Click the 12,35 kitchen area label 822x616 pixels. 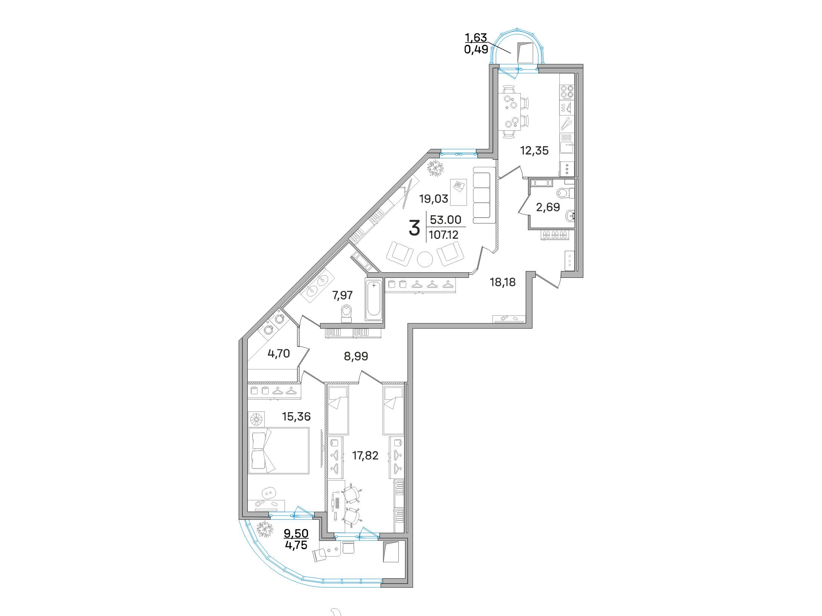pyautogui.click(x=534, y=150)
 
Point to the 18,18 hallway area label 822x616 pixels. pyautogui.click(x=503, y=282)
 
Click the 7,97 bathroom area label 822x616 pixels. pyautogui.click(x=343, y=295)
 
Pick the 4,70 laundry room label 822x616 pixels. pyautogui.click(x=279, y=353)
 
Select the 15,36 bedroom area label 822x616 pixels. pyautogui.click(x=296, y=416)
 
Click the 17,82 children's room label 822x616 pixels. pyautogui.click(x=365, y=455)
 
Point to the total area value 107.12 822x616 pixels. pyautogui.click(x=444, y=235)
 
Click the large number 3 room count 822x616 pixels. pyautogui.click(x=414, y=228)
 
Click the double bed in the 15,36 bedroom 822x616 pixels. pyautogui.click(x=279, y=451)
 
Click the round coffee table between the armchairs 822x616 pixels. pyautogui.click(x=425, y=259)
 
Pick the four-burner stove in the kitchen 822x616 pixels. pyautogui.click(x=567, y=92)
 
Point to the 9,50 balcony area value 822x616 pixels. pyautogui.click(x=296, y=532)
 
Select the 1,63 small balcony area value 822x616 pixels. pyautogui.click(x=476, y=37)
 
